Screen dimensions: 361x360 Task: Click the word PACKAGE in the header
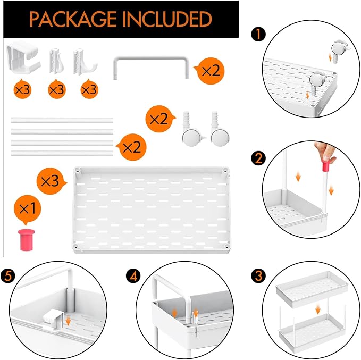[73, 19]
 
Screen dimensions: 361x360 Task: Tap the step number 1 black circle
[258, 35]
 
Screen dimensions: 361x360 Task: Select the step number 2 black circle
[258, 158]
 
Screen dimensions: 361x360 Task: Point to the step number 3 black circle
[258, 275]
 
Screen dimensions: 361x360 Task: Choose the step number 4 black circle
[133, 276]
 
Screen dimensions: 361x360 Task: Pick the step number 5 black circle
[8, 276]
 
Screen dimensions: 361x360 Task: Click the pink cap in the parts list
[27, 239]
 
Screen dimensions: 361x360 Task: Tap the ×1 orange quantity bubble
[27, 209]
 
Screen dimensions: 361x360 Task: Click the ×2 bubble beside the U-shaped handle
[210, 71]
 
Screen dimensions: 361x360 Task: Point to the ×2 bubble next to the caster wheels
[160, 119]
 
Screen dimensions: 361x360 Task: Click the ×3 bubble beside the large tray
[51, 181]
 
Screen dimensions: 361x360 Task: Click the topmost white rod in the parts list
[62, 120]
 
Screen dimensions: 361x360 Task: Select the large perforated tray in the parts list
[152, 210]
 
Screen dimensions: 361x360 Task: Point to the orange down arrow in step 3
[318, 309]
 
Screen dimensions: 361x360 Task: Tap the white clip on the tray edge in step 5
[53, 320]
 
